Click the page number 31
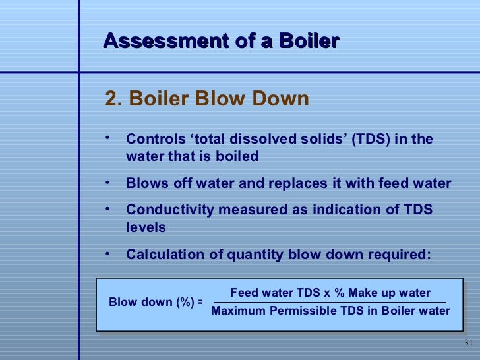coord(469,343)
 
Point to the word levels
coord(146,227)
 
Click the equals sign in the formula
coord(199,302)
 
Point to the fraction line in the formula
coord(330,302)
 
